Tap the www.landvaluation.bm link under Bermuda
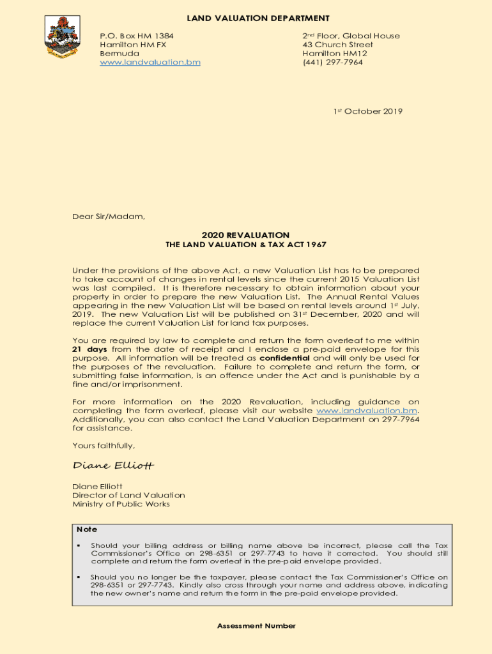point(150,63)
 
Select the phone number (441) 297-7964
point(332,63)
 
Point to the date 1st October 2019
point(368,111)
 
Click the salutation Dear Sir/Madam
point(109,217)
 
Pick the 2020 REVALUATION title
point(245,235)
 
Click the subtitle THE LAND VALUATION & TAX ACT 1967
point(245,245)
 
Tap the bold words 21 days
point(89,349)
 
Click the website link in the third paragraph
point(367,410)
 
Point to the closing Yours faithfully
point(104,446)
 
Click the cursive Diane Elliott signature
point(113,465)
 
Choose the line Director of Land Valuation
point(128,495)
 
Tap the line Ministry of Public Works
point(121,504)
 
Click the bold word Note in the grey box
point(87,529)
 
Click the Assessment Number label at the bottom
point(256,626)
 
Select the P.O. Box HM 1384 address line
point(137,36)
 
